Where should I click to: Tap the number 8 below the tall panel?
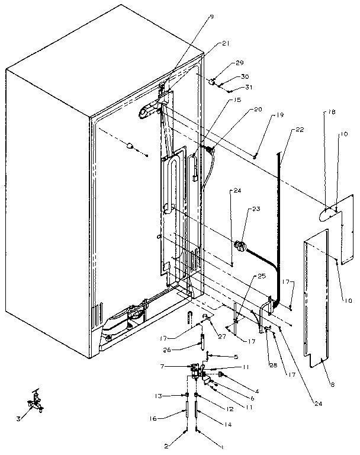click(x=332, y=384)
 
